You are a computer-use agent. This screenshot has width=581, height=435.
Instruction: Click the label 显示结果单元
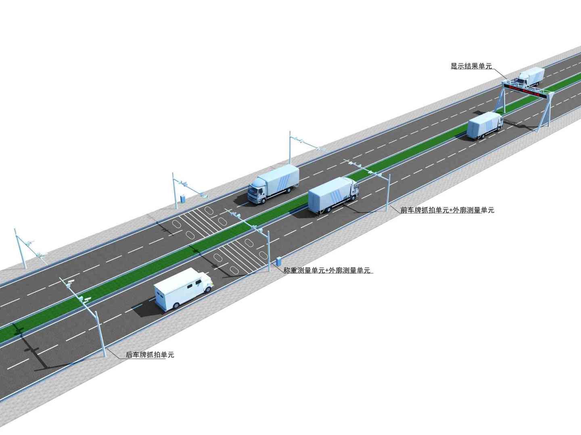coord(471,66)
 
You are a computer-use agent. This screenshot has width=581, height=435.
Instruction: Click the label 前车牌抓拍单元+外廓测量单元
coord(447,210)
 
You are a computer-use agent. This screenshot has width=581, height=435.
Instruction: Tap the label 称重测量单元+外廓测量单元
coord(326,270)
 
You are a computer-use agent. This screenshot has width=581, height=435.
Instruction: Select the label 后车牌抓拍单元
coord(150,354)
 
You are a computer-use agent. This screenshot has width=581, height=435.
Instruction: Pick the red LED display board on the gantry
coord(529,91)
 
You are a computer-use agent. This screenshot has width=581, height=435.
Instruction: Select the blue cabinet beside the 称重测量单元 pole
coord(278,261)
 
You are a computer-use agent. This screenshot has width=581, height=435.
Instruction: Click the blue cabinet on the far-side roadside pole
coord(182,198)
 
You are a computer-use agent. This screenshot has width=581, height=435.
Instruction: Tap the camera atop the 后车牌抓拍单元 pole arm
coord(71,282)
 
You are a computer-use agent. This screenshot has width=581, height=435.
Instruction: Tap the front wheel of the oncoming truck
coord(263,199)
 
